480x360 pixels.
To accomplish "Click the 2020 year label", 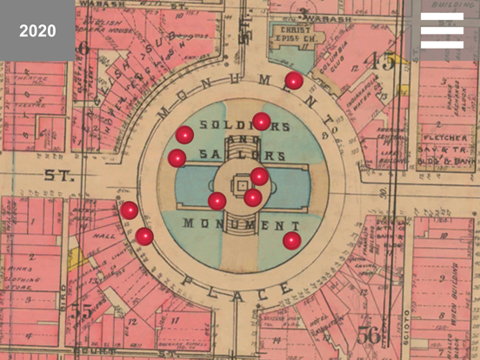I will coord(37,30).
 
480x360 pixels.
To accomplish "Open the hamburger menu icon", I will coord(442,30).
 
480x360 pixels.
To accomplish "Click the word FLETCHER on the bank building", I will coord(444,137).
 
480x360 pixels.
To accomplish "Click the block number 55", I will coord(83,310).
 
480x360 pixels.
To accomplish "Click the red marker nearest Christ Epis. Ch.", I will coord(294,81).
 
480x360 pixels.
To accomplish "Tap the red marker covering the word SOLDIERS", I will coord(261,122).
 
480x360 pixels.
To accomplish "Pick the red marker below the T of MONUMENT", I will coord(292,240).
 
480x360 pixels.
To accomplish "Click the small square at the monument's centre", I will coord(243,184).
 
